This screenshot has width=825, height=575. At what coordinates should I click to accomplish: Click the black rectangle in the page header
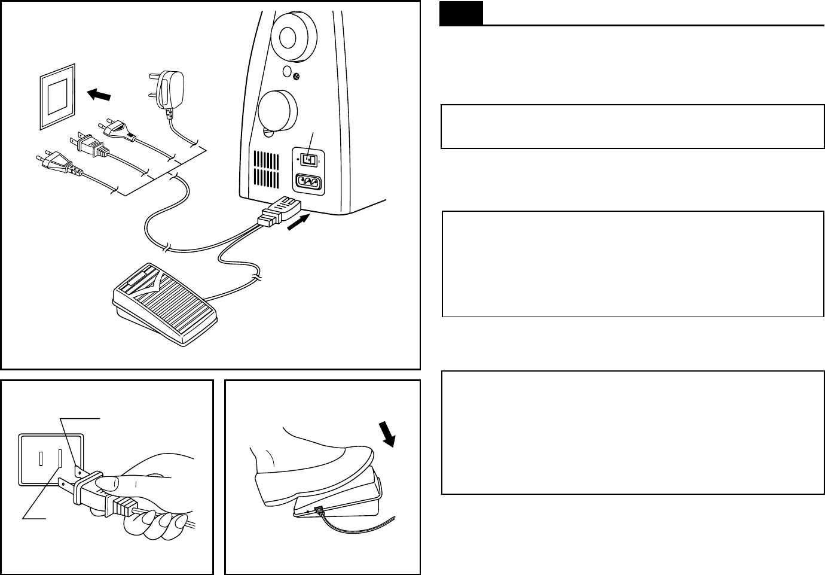coord(461,14)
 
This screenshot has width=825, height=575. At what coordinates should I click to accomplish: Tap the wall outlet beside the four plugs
coord(58,96)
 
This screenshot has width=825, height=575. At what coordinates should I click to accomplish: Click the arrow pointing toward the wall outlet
coord(99,95)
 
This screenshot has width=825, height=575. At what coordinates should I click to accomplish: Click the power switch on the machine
coord(307,160)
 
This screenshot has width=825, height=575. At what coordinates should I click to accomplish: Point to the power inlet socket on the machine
coord(307,181)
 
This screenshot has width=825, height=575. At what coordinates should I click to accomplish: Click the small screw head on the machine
coord(297,75)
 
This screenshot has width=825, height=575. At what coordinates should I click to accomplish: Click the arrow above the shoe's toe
coord(388,434)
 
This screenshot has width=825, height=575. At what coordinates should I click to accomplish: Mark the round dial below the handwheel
coord(278,111)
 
